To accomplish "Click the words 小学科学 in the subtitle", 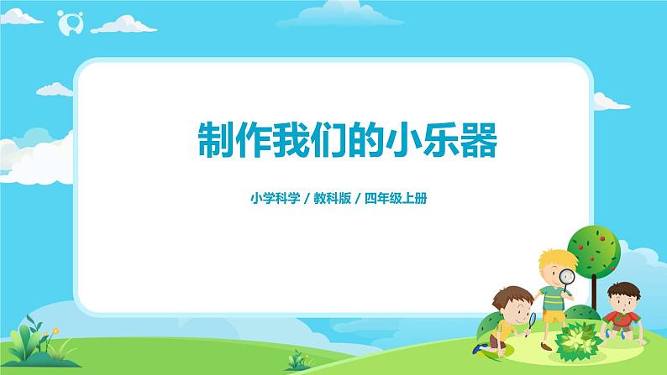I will click(x=275, y=199).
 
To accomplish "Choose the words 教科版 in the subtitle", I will click(x=333, y=199).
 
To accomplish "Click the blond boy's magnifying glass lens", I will click(x=568, y=276).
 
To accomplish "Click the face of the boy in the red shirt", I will click(x=619, y=298).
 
